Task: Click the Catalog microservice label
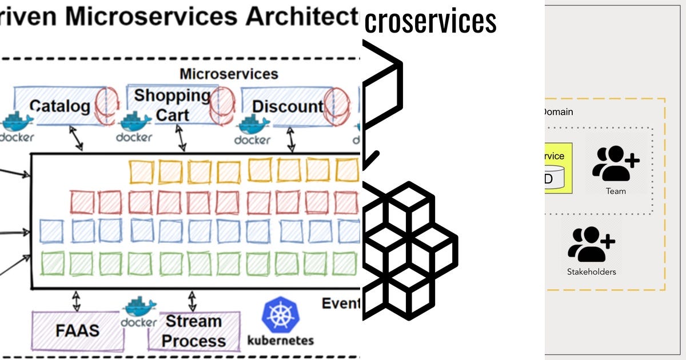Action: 59,106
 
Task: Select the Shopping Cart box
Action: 172,105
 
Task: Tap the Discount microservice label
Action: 288,106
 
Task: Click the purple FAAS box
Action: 77,331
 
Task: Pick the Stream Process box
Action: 193,331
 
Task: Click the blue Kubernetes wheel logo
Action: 280,316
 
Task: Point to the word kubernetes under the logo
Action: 280,341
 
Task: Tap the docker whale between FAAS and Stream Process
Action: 138,311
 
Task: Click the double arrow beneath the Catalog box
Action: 76,139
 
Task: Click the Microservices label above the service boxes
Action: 229,74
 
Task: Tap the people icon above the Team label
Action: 615,163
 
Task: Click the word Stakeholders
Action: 591,272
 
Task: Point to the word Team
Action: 616,191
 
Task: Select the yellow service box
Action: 557,168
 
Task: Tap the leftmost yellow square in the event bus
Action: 142,171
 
